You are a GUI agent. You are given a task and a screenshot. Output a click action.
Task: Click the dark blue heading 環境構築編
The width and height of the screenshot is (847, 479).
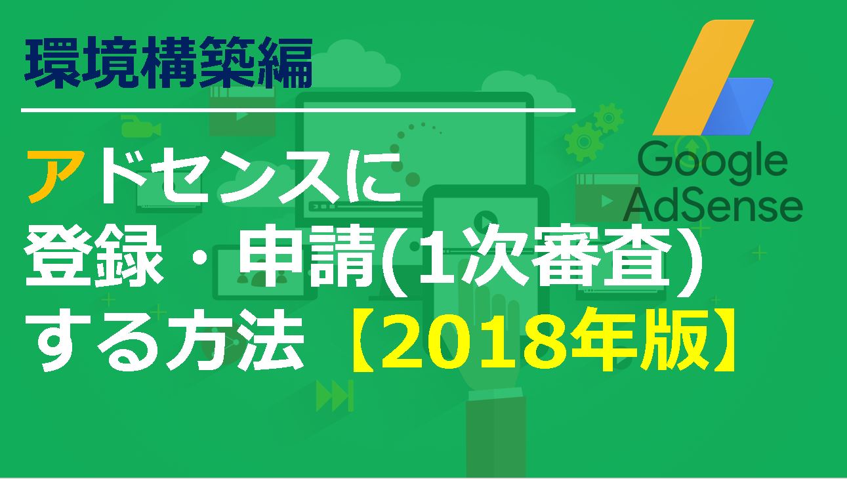pyautogui.click(x=169, y=63)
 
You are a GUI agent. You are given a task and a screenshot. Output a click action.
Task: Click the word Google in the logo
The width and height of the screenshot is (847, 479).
pyautogui.click(x=712, y=163)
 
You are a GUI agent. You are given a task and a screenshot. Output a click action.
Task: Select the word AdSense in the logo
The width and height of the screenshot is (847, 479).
pyautogui.click(x=713, y=205)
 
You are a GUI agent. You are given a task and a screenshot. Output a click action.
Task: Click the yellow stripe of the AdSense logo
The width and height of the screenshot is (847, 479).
pyautogui.click(x=703, y=77)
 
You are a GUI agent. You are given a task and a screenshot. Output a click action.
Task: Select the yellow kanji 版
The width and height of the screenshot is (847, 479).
pyautogui.click(x=665, y=340)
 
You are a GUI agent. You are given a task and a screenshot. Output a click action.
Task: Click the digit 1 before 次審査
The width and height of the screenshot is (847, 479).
pyautogui.click(x=434, y=259)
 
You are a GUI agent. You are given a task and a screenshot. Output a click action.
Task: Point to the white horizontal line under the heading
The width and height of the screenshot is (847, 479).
pyautogui.click(x=298, y=110)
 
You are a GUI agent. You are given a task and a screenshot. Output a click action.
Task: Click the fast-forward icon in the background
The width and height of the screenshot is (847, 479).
pyautogui.click(x=335, y=396)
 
